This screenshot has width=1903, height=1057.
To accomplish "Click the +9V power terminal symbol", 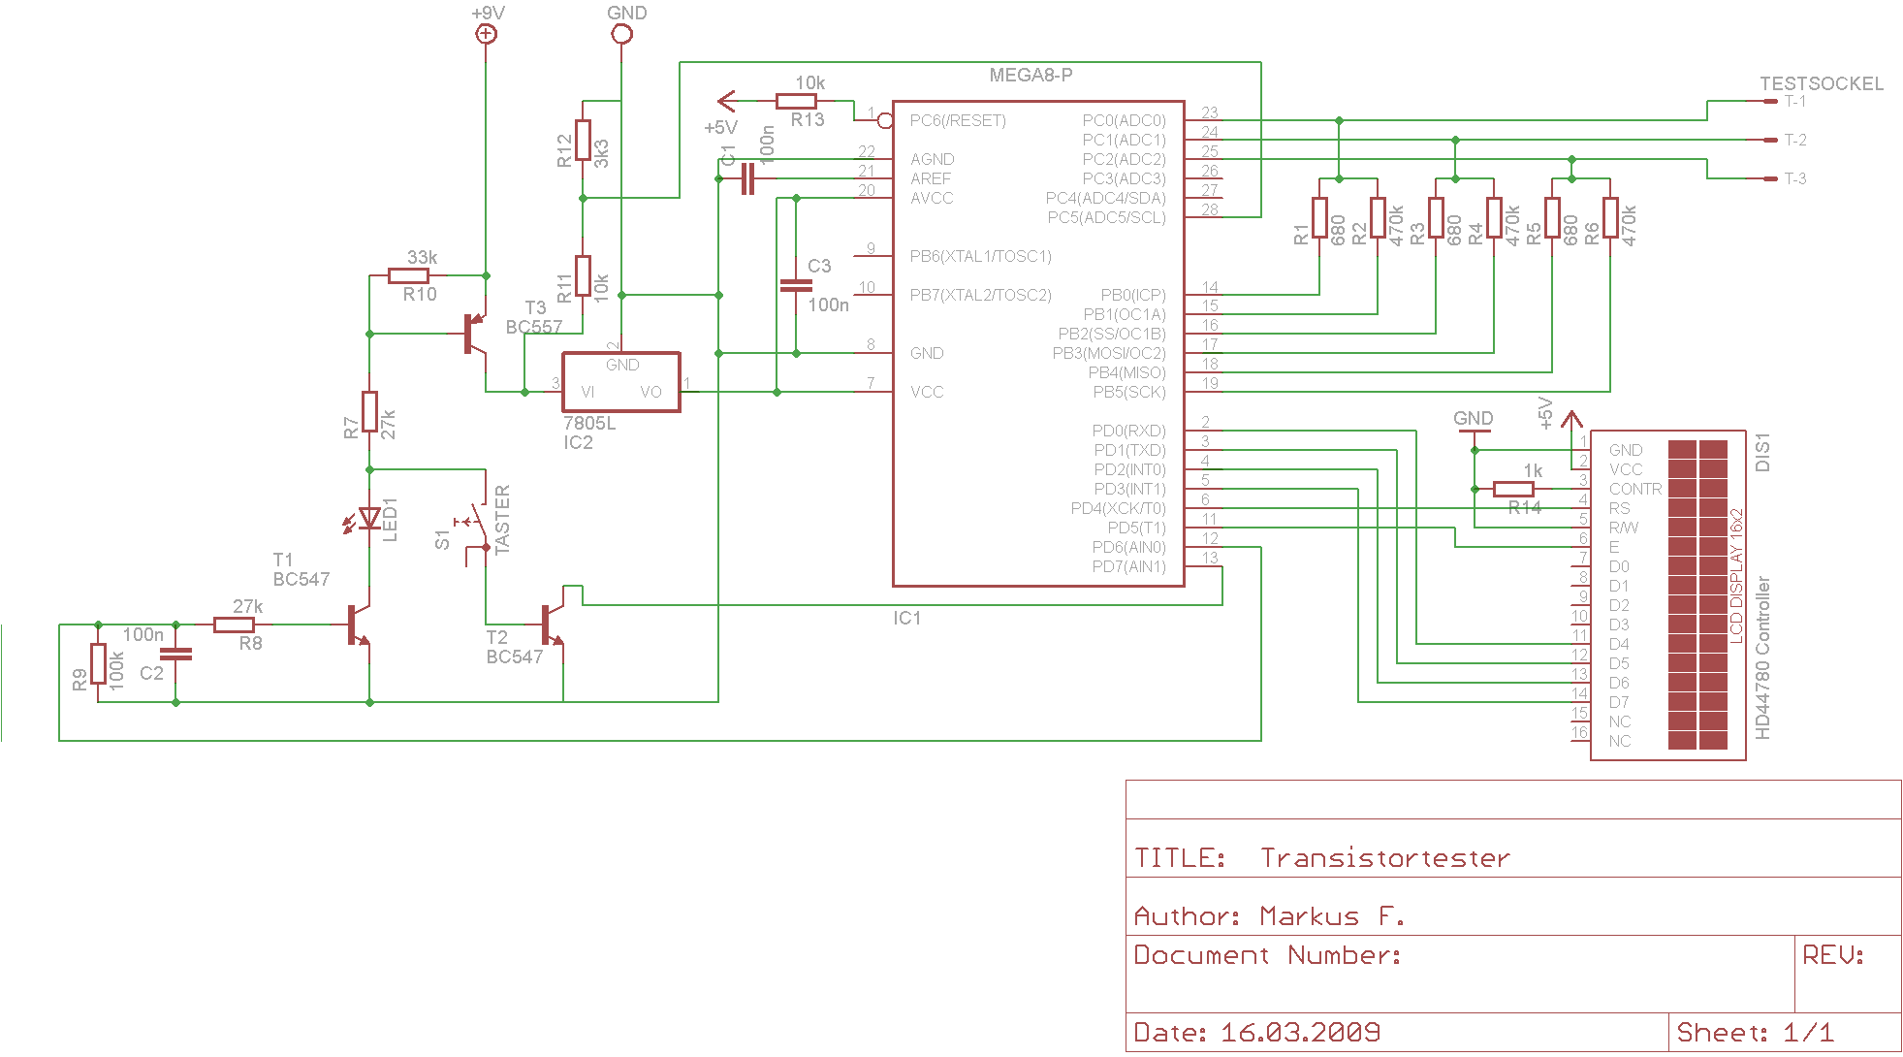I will (486, 34).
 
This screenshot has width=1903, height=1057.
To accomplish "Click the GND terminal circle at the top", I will (621, 34).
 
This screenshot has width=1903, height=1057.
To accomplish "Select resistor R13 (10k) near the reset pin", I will (796, 100).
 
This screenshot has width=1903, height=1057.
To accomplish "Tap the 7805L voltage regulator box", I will (621, 382).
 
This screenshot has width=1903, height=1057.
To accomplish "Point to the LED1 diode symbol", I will (369, 519).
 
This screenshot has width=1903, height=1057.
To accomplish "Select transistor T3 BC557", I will (474, 334).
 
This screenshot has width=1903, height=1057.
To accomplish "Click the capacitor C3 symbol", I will (796, 285).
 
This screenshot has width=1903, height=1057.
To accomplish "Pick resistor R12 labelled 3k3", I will (583, 140).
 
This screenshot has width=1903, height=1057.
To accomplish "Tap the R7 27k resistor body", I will (369, 411).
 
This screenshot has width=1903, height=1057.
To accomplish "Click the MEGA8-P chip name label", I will (1031, 76).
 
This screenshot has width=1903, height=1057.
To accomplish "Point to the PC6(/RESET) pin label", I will (958, 120).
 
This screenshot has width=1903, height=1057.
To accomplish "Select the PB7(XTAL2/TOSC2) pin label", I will (980, 295).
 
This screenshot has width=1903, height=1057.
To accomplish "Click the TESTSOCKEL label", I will (1822, 84).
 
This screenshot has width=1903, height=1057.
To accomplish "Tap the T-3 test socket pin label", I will (1795, 178).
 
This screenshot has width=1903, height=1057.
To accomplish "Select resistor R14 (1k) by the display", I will (1513, 489).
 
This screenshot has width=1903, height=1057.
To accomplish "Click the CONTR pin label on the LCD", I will (1635, 489).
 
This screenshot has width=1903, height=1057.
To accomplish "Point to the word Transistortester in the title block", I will (1384, 858).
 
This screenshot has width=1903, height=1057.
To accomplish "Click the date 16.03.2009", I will (1300, 1032).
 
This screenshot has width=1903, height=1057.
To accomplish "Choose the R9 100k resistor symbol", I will (98, 663).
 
